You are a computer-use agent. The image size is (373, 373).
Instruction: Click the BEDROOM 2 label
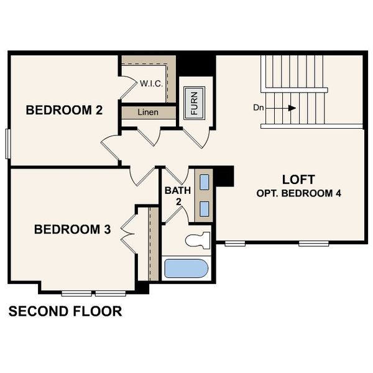pos(63,111)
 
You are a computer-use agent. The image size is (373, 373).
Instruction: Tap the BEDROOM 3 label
pos(72,229)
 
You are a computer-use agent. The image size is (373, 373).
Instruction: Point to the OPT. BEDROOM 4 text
pos(298,193)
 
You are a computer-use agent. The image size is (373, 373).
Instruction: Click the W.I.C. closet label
pos(151,83)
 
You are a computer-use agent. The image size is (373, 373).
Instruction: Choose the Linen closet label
pos(149,113)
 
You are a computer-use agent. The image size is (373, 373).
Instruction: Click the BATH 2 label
pos(173,195)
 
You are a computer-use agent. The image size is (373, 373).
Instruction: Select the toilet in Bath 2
pos(198,239)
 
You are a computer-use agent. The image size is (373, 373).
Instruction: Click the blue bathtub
pos(185,269)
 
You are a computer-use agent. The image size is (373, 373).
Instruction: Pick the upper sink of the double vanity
pos(204,182)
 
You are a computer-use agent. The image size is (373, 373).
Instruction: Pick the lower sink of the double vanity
pos(204,208)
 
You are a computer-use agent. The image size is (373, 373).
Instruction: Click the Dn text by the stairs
pos(259,108)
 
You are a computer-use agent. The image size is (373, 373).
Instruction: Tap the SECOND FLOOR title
pos(65,311)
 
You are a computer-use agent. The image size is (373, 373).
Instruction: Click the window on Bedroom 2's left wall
pos(7,143)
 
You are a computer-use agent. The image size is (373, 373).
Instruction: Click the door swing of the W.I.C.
pos(129,86)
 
